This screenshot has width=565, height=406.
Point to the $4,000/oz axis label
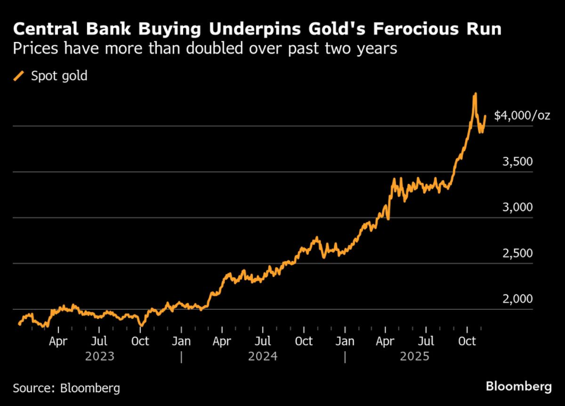[521, 116]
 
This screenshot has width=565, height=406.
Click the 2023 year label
[99, 357]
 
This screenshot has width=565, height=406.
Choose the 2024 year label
[263, 357]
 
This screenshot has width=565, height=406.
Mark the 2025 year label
[414, 357]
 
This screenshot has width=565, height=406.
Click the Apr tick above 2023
[58, 342]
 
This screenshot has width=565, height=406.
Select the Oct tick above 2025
[467, 342]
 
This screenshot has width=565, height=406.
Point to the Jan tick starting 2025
[345, 342]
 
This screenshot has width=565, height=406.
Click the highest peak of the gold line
[475, 94]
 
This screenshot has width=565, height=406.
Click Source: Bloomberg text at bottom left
[66, 388]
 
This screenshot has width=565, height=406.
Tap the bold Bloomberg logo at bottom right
[518, 387]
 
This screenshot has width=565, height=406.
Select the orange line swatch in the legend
[19, 76]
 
